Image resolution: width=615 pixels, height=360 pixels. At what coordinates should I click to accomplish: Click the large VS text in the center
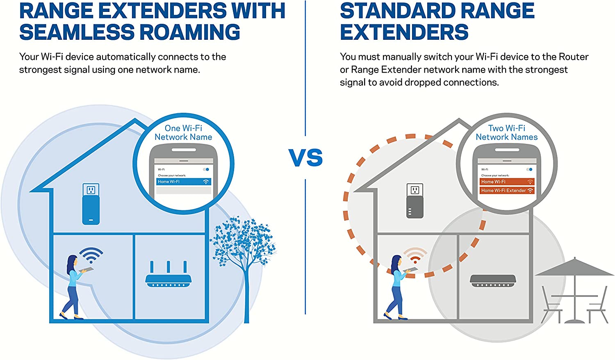click(305, 158)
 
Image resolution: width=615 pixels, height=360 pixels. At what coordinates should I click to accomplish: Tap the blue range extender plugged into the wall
click(91, 209)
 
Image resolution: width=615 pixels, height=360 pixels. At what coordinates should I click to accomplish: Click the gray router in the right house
click(492, 281)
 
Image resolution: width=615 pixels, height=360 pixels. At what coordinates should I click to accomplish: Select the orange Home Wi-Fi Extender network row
click(507, 191)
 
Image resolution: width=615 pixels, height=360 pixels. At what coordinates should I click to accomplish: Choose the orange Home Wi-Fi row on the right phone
click(507, 182)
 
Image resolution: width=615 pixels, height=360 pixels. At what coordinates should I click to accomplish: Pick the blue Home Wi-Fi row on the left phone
click(183, 182)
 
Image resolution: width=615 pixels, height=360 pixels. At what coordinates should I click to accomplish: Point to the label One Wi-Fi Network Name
click(183, 133)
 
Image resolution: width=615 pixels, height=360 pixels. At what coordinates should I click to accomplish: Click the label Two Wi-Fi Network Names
click(507, 133)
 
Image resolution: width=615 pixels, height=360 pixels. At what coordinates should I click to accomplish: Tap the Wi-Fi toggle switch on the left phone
click(206, 169)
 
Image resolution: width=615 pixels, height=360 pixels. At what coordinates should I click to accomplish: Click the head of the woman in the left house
click(72, 260)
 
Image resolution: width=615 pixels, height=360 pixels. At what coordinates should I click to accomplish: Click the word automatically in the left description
click(125, 57)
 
